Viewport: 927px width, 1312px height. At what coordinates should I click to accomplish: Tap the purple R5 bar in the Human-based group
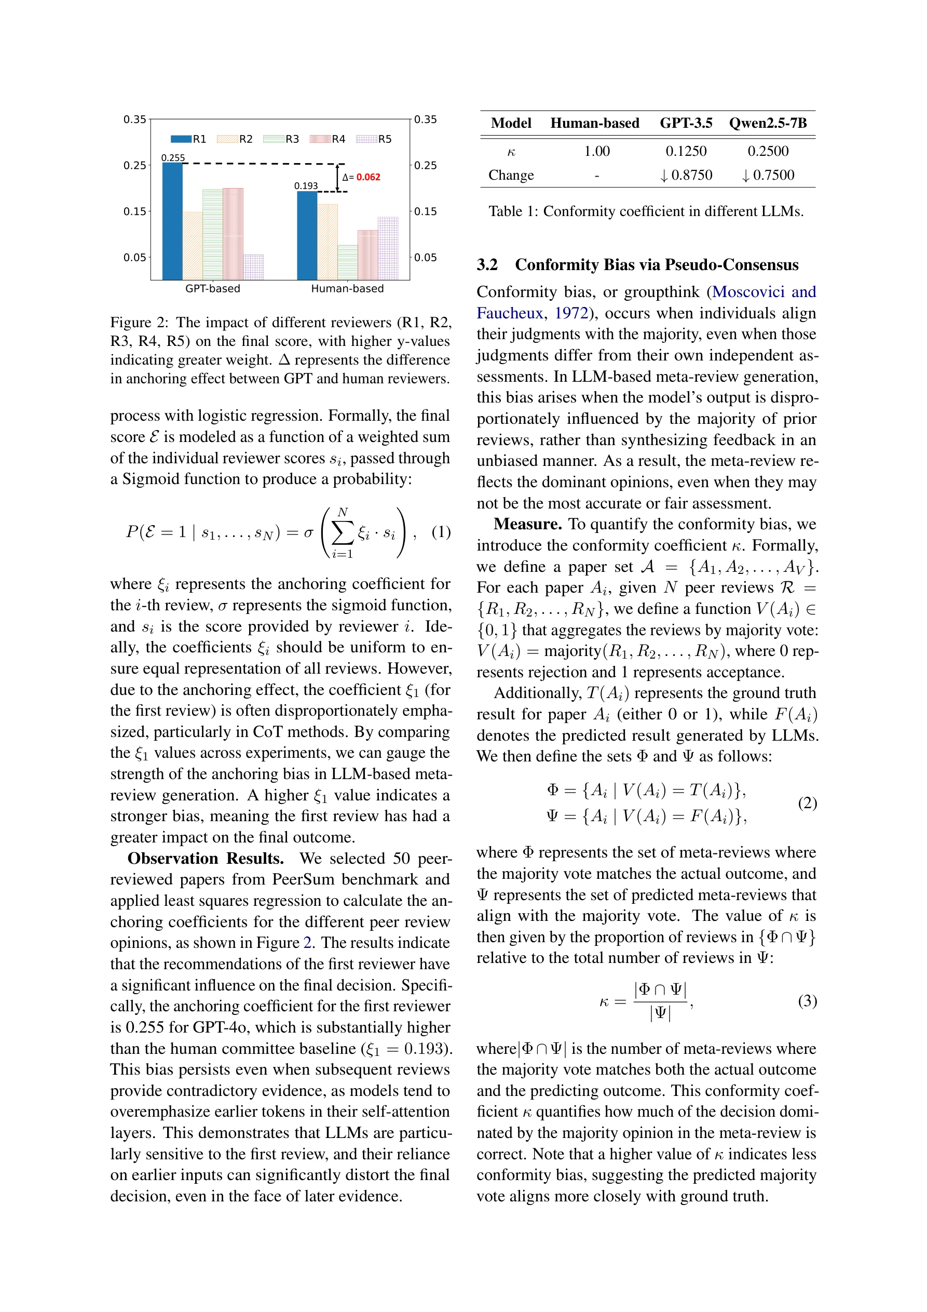point(388,249)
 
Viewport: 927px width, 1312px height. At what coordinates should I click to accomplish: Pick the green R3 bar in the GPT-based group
point(212,234)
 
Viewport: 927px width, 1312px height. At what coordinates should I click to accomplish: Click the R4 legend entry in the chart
point(328,139)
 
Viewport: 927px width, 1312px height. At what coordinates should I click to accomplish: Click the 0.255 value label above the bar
point(172,158)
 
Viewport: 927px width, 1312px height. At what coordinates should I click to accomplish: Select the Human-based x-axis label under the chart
point(347,289)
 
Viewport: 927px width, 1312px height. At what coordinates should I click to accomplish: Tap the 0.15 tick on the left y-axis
point(135,211)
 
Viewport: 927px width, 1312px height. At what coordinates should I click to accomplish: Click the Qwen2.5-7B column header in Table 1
point(768,123)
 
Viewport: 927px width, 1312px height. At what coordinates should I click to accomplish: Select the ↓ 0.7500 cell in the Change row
point(768,175)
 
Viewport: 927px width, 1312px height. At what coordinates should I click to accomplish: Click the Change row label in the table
point(511,175)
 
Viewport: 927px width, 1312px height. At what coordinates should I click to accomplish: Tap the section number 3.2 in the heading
point(487,264)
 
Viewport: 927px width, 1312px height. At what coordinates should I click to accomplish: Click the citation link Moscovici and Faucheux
point(764,292)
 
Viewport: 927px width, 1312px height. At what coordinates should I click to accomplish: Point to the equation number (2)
point(807,803)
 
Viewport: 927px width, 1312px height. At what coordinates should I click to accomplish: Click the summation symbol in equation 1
point(342,533)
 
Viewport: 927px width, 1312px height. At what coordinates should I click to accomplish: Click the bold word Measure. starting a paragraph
point(527,524)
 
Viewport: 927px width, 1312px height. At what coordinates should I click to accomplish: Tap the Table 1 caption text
point(645,211)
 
